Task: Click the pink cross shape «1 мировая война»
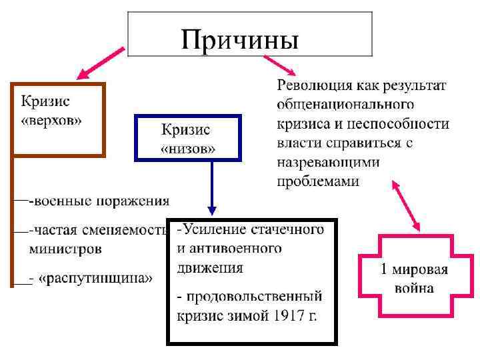416,278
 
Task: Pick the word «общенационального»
345,105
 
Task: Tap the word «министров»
65,249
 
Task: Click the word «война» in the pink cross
414,289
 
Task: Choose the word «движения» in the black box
210,268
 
